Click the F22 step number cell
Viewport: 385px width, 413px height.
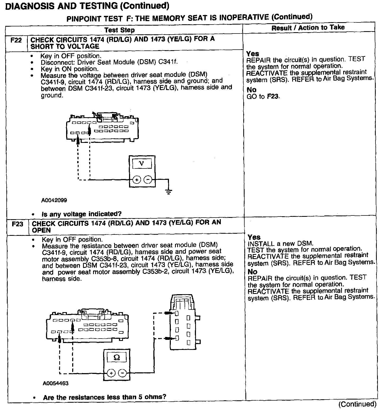[x=16, y=41]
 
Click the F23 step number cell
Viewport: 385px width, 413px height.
[x=17, y=224]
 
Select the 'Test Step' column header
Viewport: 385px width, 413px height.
[x=119, y=30]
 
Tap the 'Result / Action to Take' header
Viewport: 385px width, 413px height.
[x=308, y=27]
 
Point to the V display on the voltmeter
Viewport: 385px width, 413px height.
[x=142, y=164]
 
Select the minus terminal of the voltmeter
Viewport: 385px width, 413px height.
[x=148, y=180]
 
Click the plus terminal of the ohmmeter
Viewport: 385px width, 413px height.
[x=111, y=373]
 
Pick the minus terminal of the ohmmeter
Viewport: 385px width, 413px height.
[x=122, y=373]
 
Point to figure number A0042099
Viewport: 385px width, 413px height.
[x=54, y=200]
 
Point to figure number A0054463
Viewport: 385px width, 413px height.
[x=56, y=383]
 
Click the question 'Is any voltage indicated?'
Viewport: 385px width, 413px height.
[x=81, y=214]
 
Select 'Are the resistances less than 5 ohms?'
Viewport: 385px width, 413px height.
[x=104, y=397]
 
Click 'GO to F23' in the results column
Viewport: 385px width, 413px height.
[x=263, y=96]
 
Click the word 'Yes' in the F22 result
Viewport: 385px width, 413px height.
[x=253, y=54]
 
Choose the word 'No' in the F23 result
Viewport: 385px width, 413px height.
[x=252, y=272]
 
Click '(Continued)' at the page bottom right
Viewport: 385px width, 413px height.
[x=357, y=404]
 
